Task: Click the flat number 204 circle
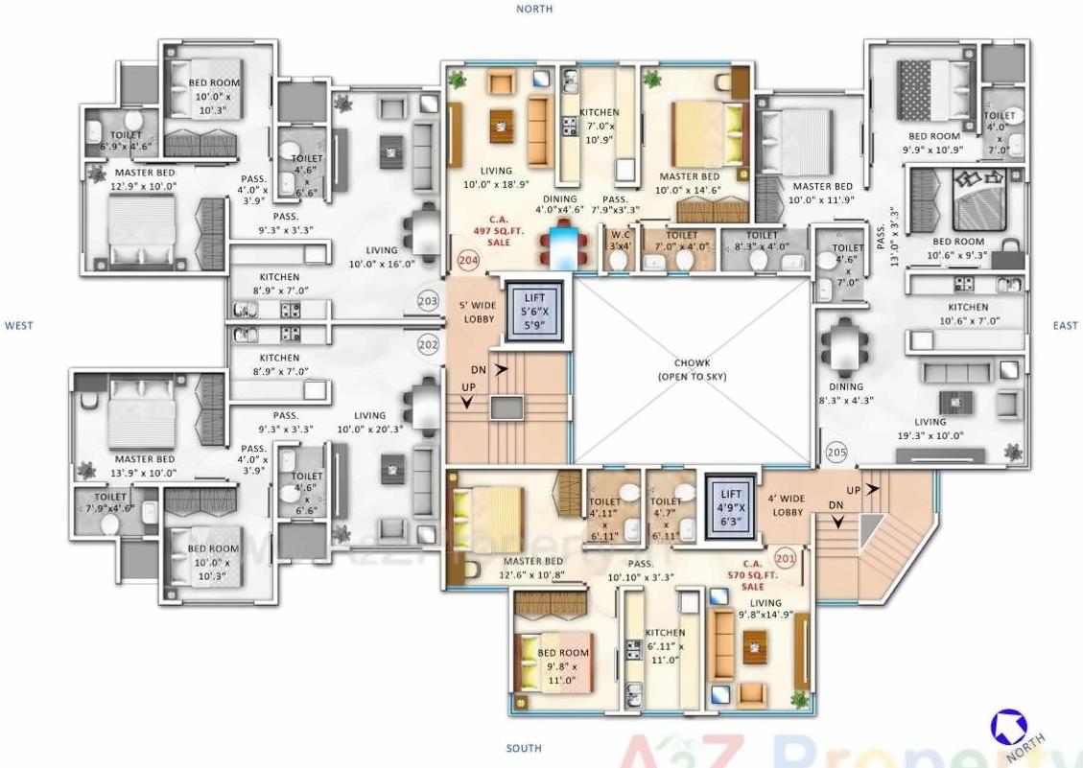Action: click(x=468, y=259)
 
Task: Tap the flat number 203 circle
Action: click(x=428, y=302)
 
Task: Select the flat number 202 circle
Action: click(x=428, y=343)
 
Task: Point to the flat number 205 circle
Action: click(x=836, y=450)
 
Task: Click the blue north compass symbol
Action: click(x=1007, y=725)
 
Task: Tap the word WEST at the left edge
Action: click(x=18, y=326)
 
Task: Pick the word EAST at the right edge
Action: click(x=1065, y=326)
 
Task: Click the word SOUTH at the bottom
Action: click(x=524, y=748)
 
